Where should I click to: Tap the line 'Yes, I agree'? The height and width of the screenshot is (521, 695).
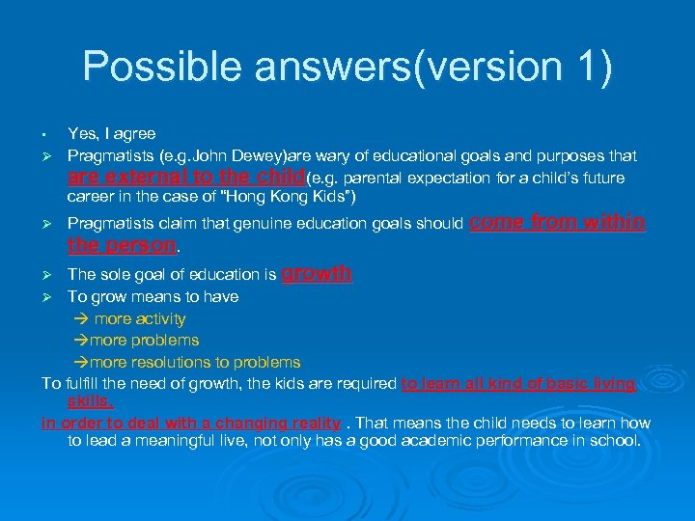(x=111, y=133)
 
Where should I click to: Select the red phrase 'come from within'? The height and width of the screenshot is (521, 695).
(x=556, y=222)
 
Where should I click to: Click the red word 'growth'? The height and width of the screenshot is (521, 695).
(x=316, y=274)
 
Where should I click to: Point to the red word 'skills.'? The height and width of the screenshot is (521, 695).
(x=90, y=399)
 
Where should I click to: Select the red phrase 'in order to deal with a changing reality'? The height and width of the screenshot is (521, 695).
(x=190, y=423)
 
